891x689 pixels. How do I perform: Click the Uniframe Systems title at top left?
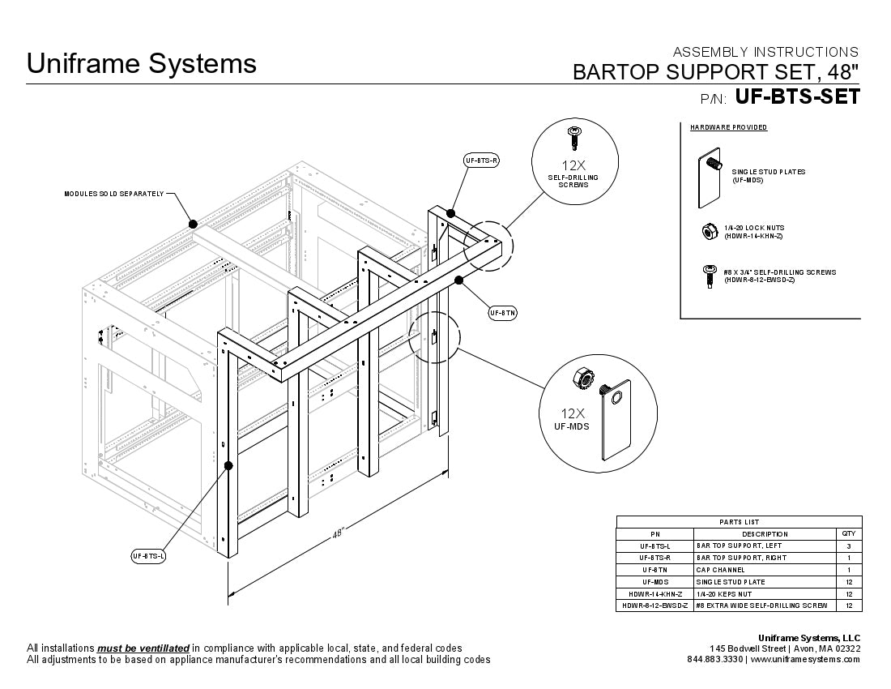(x=142, y=63)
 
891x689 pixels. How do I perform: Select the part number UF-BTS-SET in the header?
(x=797, y=96)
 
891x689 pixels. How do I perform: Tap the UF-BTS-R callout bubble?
(x=481, y=160)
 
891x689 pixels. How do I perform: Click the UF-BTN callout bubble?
(x=502, y=312)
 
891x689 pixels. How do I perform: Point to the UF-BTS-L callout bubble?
(x=148, y=556)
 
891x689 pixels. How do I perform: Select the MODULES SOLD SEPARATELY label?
(x=114, y=194)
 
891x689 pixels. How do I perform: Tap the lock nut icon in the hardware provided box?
(x=709, y=232)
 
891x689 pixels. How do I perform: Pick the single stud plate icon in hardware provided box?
(x=710, y=177)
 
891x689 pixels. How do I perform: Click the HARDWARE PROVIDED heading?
(x=728, y=127)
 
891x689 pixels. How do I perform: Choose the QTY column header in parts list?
(x=848, y=534)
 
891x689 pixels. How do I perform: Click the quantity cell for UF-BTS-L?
(x=848, y=546)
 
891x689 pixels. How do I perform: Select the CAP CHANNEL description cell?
(x=719, y=570)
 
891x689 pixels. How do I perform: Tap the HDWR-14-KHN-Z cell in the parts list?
(x=655, y=593)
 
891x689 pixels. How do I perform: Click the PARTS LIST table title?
(x=739, y=522)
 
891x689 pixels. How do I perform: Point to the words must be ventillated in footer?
(x=143, y=648)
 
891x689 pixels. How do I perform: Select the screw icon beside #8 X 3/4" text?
(x=709, y=276)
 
